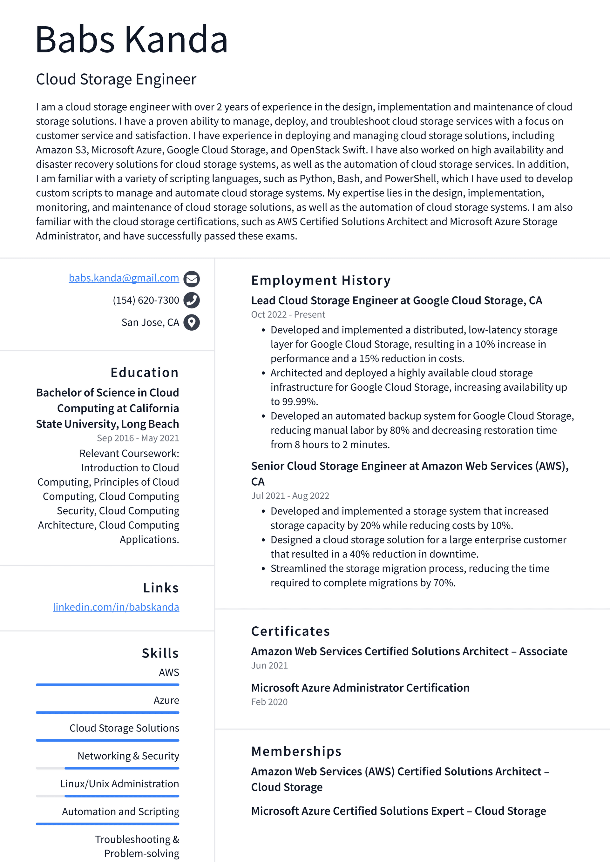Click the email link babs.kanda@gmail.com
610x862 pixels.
click(124, 278)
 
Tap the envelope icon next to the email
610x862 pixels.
click(192, 279)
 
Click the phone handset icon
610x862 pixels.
click(192, 300)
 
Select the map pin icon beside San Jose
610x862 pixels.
click(192, 322)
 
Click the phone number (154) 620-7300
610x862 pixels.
click(146, 300)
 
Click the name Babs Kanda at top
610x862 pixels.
click(132, 39)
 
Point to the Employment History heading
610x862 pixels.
click(321, 280)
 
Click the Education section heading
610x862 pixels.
click(145, 373)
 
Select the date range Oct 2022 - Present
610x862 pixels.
click(288, 315)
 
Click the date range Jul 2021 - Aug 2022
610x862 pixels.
click(290, 495)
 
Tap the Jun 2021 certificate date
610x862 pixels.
click(269, 665)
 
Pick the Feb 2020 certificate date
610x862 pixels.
click(269, 702)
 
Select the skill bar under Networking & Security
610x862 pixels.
click(107, 768)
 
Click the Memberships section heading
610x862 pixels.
click(296, 751)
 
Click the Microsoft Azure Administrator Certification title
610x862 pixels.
click(360, 688)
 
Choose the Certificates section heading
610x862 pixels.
click(290, 631)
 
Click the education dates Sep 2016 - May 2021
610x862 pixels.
click(138, 438)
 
